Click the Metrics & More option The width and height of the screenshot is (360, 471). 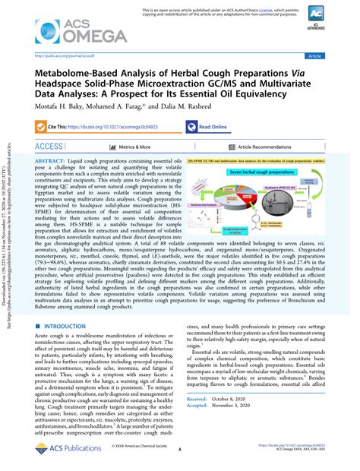113,147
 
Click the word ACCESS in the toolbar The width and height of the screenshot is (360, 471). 49,147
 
